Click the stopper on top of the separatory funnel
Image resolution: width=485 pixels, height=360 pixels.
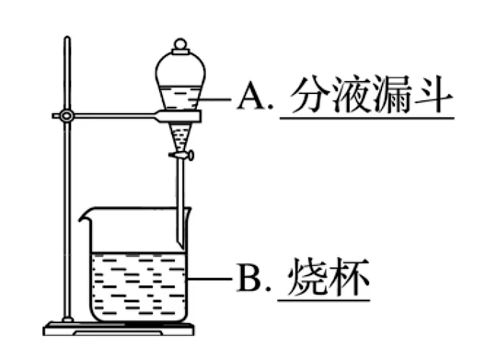pos(180,46)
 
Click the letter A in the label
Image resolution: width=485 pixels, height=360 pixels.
pos(250,97)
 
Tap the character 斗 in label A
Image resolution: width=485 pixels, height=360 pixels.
pos(433,94)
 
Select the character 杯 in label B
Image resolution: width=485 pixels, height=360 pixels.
pos(349,276)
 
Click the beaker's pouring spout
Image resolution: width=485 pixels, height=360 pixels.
pos(84,215)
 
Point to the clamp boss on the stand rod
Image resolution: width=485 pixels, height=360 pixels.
pos(66,116)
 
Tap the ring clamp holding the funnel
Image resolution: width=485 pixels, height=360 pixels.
pos(179,116)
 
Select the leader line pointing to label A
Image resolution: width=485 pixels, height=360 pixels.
pos(214,99)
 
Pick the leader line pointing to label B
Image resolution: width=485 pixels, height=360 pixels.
pos(210,279)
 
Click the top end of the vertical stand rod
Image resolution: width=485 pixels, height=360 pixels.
pos(67,38)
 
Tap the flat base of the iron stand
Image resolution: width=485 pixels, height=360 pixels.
pos(119,329)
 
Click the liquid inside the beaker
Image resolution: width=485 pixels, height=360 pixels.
pos(139,286)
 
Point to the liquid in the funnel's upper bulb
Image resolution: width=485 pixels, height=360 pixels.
pos(180,98)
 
